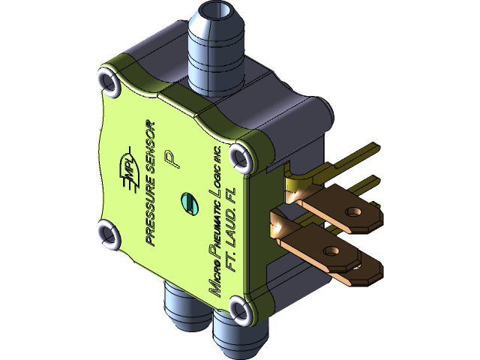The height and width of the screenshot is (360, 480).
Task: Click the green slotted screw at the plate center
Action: (x=189, y=202)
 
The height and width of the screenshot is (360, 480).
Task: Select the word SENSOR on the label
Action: (x=152, y=145)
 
